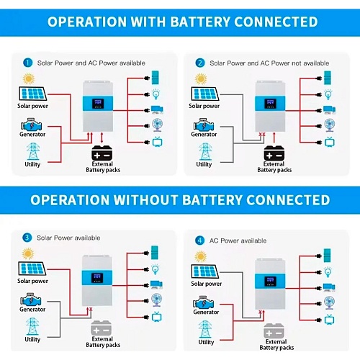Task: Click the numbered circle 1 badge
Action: click(x=27, y=63)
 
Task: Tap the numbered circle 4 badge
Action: click(x=199, y=240)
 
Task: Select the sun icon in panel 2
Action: click(x=201, y=79)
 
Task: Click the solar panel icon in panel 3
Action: click(x=32, y=269)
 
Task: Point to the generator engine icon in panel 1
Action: click(x=31, y=125)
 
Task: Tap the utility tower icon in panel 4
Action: click(x=205, y=329)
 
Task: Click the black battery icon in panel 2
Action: click(x=274, y=153)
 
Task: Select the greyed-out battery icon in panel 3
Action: click(x=102, y=328)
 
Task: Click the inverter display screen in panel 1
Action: click(x=98, y=104)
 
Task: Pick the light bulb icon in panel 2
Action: click(x=328, y=94)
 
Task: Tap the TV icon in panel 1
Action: click(x=158, y=142)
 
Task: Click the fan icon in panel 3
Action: click(x=157, y=300)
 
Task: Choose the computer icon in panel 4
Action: click(x=329, y=287)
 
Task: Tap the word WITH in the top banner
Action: click(x=148, y=22)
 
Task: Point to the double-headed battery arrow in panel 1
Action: click(x=102, y=138)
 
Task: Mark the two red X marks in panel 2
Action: click(x=262, y=135)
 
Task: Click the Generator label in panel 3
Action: click(x=32, y=310)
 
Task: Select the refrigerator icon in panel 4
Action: click(x=327, y=256)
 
